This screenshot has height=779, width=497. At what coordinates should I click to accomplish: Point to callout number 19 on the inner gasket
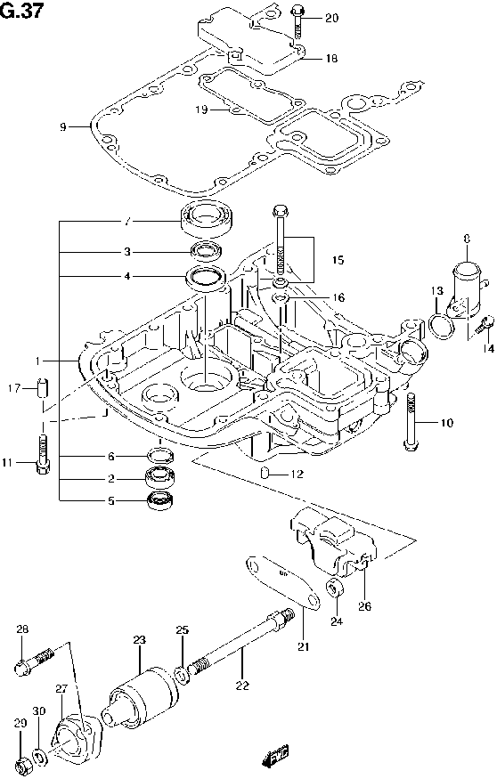point(201,110)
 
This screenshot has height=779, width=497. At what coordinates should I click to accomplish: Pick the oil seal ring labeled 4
point(206,277)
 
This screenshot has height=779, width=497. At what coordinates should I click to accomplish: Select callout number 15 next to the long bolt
point(338,260)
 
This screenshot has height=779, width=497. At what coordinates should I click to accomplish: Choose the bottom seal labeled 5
point(159,501)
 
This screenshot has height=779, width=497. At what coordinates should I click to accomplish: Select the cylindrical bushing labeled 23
point(141,695)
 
